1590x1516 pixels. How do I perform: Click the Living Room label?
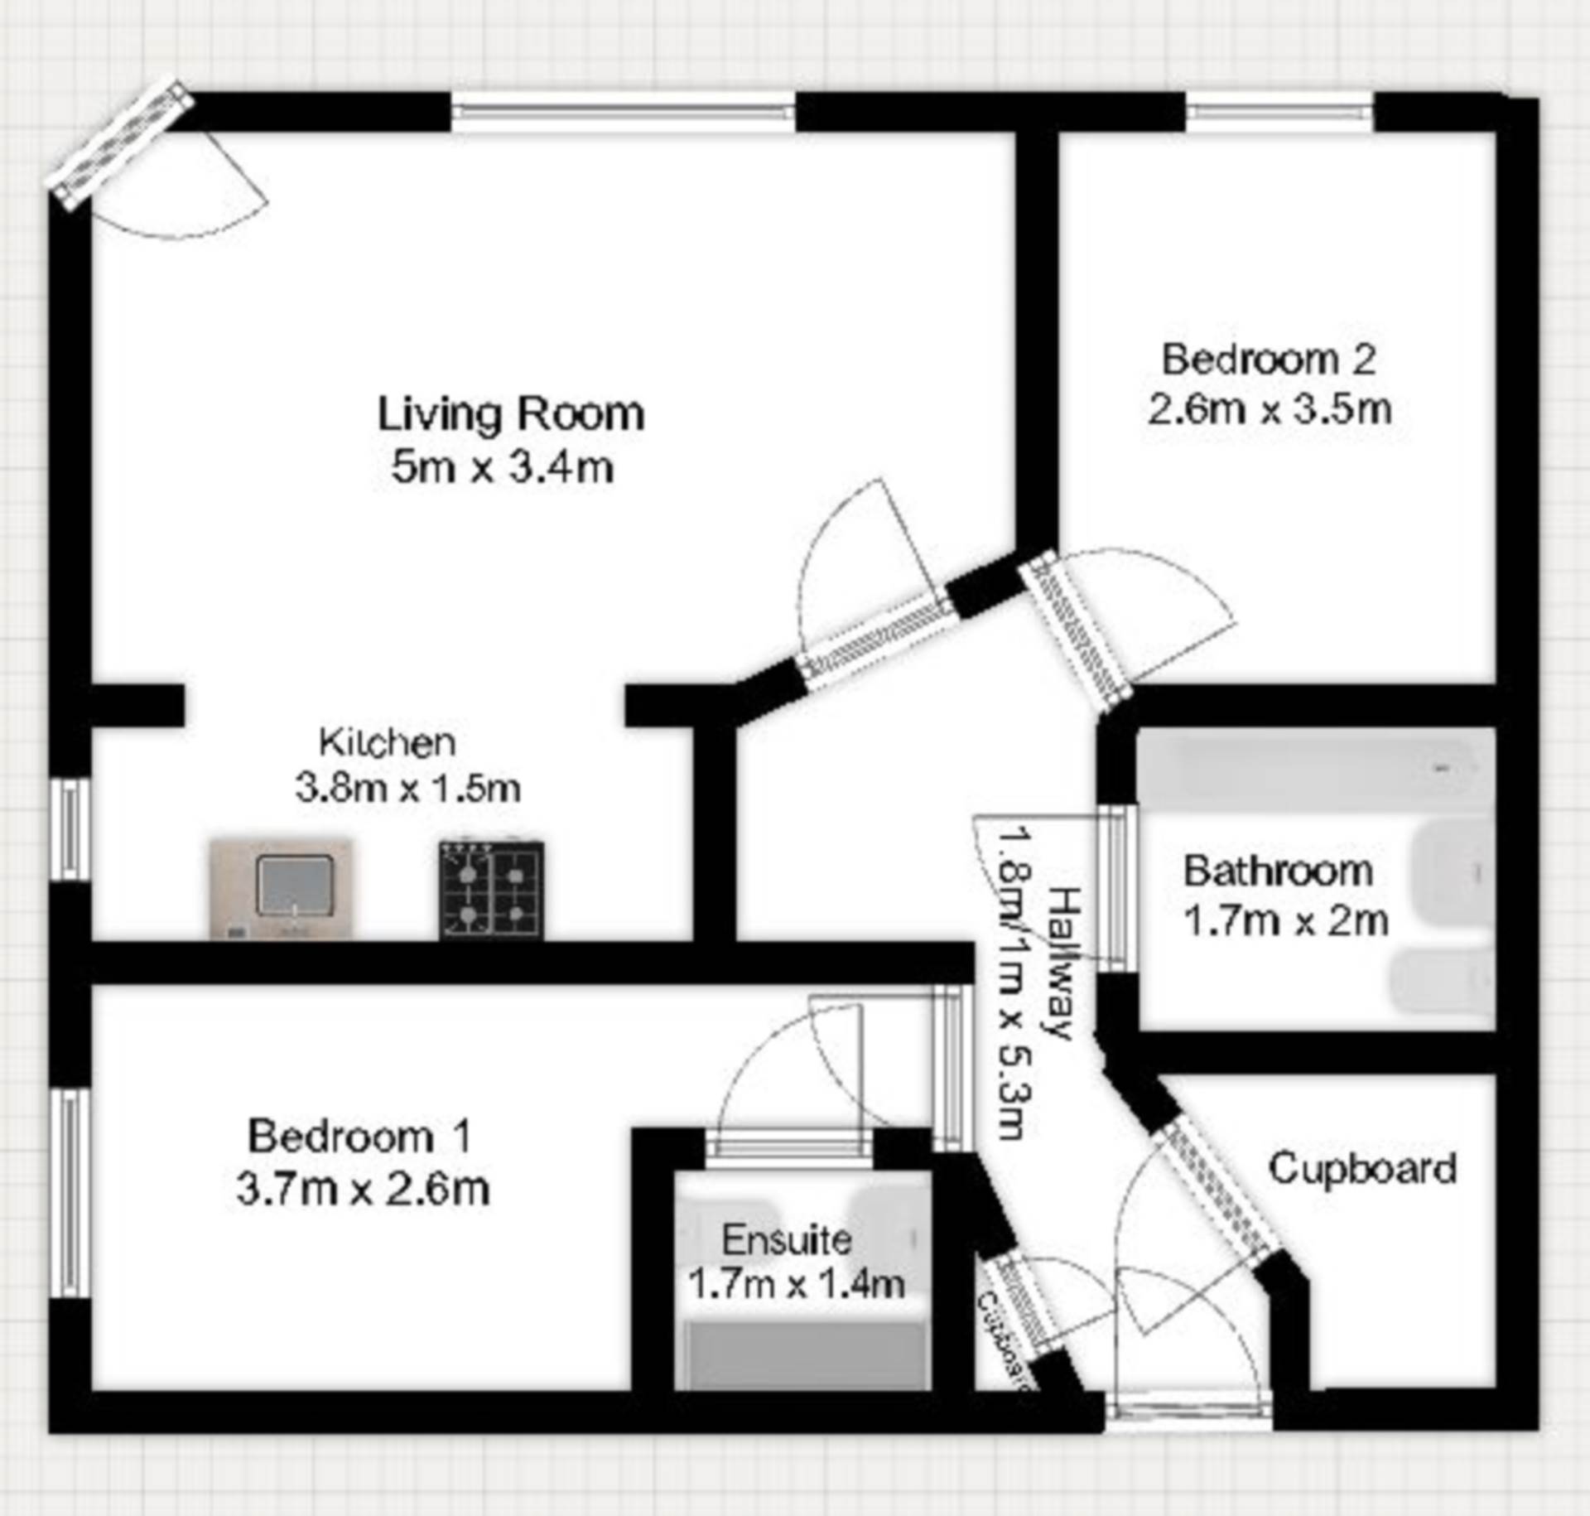(x=511, y=413)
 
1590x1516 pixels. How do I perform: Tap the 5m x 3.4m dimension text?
(x=502, y=468)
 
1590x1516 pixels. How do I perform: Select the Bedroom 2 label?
(x=1268, y=360)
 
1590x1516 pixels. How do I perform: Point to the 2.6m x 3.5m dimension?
(x=1269, y=410)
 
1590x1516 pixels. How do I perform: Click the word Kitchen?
(x=388, y=742)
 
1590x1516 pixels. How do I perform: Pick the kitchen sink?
(x=282, y=888)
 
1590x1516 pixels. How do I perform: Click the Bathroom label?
(x=1278, y=871)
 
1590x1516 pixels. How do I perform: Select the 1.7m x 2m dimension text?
(x=1285, y=921)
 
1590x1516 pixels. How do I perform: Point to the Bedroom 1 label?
(x=359, y=1136)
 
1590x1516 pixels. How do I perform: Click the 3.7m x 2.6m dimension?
(x=363, y=1190)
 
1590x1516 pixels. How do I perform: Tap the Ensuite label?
(x=786, y=1240)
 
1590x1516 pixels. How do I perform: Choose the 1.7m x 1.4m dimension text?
(x=796, y=1284)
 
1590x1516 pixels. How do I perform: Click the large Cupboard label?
(x=1362, y=1169)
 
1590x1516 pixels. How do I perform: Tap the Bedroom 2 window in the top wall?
(x=1280, y=113)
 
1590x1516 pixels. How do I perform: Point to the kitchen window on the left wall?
(x=70, y=829)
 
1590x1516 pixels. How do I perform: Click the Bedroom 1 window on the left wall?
(x=70, y=1194)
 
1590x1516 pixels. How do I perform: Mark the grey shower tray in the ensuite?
(x=802, y=1355)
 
